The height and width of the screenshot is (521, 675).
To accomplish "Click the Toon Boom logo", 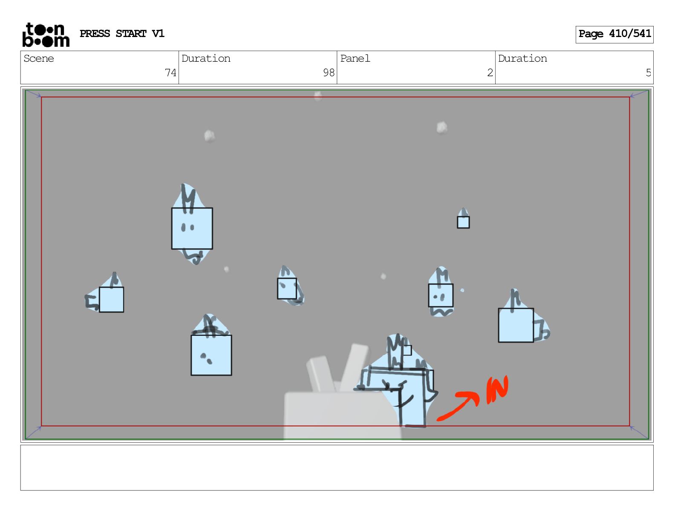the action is coord(46,35).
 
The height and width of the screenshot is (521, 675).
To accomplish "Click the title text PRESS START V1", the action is coord(122,34).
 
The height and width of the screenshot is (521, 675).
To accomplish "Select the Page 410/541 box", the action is coord(614,34).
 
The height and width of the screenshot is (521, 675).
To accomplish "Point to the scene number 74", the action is coord(170,73).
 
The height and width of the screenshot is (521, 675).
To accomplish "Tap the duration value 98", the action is coord(329,73).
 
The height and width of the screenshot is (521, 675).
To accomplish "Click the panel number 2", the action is coord(490,73).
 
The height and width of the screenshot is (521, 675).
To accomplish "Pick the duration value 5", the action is coord(648,73).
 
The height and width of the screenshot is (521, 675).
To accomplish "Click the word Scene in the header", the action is coord(39,58).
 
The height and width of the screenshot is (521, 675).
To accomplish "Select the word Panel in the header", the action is coord(355,58).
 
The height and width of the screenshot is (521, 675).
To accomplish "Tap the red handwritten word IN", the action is coord(497,390).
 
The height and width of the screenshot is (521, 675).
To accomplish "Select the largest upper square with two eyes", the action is coord(192,229).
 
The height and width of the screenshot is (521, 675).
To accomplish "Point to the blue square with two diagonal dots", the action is coord(211,355).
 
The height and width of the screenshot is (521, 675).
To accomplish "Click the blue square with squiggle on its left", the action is coord(111,299).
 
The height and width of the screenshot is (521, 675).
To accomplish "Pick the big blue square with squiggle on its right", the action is coord(516,325).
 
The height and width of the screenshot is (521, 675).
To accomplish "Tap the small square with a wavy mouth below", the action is coord(441,295).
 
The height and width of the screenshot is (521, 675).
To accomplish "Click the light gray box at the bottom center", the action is coord(342,415).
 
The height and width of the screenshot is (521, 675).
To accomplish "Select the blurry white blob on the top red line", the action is coord(318,96).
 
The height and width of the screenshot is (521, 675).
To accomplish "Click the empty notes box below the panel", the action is coord(337,468).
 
